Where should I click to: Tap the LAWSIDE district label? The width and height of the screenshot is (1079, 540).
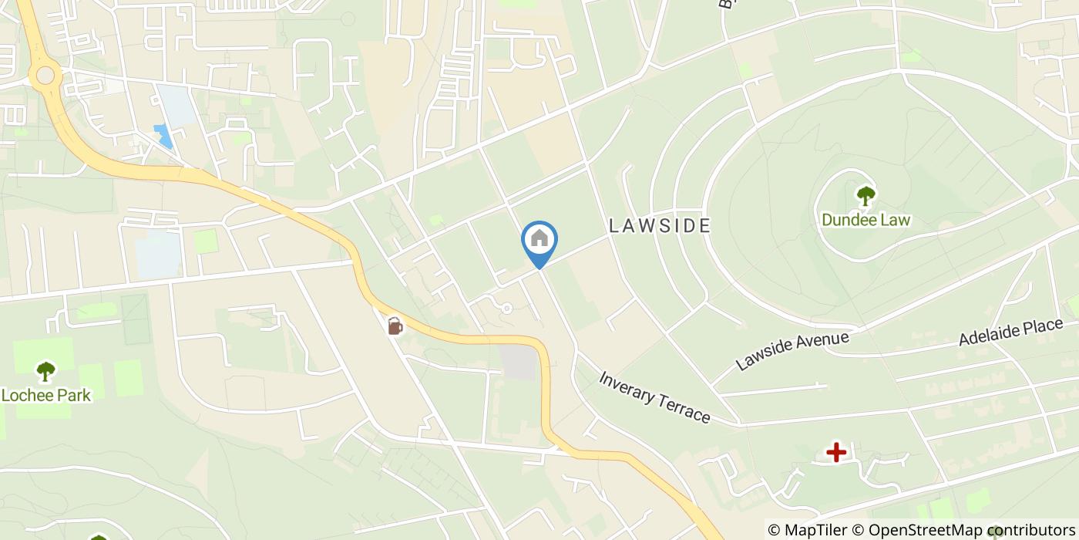659,225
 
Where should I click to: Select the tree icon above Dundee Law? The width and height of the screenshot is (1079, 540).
866,195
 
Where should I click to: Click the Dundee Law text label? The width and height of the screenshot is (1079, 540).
866,220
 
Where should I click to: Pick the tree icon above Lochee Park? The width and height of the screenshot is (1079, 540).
45,371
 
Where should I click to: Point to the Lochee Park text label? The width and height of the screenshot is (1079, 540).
45,396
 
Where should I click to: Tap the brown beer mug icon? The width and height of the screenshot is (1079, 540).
395,326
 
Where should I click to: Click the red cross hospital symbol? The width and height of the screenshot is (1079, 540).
836,452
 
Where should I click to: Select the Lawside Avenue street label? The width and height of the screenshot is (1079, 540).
792,351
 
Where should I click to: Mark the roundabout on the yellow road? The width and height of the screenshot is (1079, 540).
45,75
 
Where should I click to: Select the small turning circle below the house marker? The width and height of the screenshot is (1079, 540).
506,309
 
